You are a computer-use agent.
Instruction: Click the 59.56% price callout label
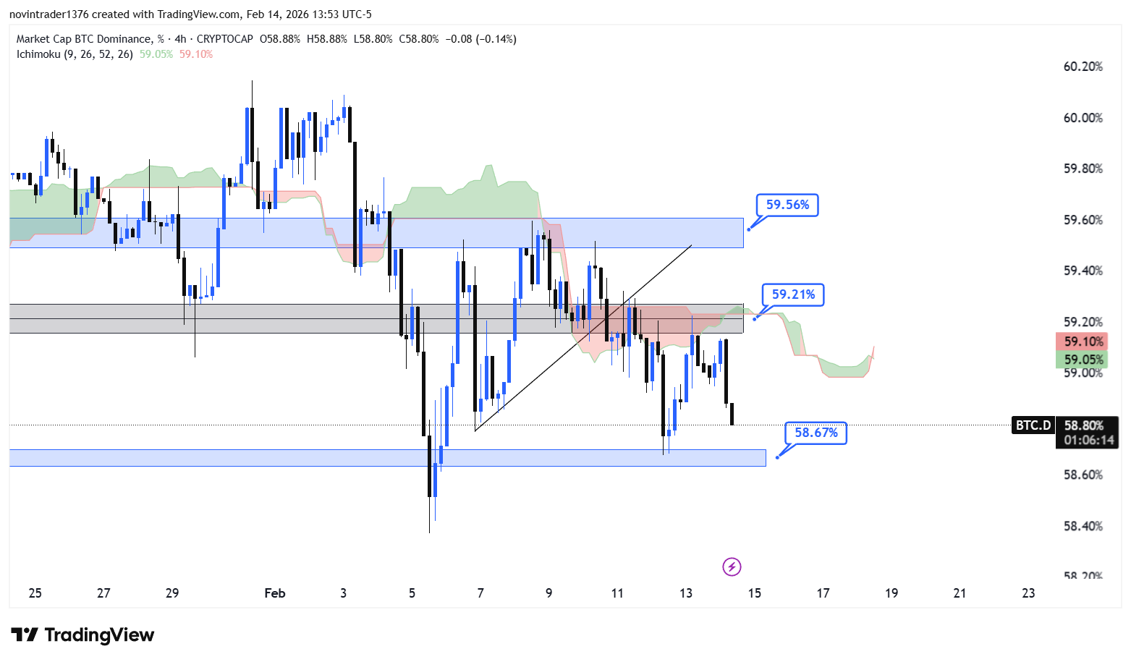point(787,205)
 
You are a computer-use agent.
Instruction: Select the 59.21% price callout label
point(793,294)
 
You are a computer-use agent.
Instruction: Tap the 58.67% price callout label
point(816,433)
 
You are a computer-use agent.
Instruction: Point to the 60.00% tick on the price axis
point(1083,118)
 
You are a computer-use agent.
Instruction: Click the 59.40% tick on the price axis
point(1083,271)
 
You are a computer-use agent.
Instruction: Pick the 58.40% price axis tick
point(1083,526)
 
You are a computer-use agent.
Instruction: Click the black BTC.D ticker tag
point(1033,425)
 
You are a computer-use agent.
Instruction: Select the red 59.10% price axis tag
point(1083,341)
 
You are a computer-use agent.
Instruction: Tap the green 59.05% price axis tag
point(1083,360)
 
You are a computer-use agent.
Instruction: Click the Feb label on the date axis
point(275,593)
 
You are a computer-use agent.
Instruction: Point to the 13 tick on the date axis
point(686,593)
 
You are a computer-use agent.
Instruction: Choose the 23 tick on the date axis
point(1028,593)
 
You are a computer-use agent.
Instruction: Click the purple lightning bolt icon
point(732,566)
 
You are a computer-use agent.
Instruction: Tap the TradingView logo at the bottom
point(82,635)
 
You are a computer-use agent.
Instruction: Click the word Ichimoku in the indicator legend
point(38,54)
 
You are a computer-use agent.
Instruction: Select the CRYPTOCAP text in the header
point(224,39)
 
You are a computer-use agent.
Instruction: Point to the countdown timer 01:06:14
point(1088,440)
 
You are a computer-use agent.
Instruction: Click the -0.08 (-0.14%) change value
point(480,39)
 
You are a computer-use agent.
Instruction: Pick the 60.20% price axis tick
point(1083,67)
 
